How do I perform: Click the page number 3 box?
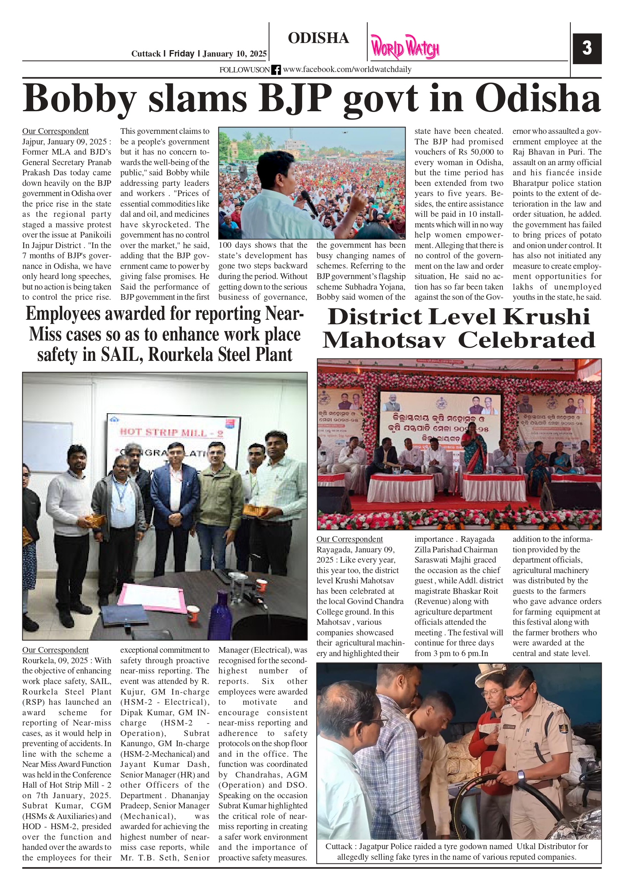point(587,49)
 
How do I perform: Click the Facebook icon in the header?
point(276,70)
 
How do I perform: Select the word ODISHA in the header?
point(318,38)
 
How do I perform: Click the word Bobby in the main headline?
point(79,98)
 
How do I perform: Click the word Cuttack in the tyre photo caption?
point(339,847)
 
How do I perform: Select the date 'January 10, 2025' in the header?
point(235,54)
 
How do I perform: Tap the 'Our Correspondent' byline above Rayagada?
point(349,539)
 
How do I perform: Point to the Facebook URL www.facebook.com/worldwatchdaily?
point(347,69)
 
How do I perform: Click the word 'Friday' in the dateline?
point(181,54)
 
